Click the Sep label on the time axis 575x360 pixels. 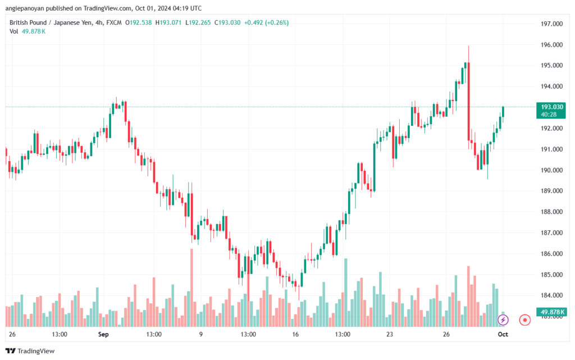tap(103, 334)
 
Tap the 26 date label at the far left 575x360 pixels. tap(12, 334)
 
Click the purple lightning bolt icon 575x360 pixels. tap(503, 320)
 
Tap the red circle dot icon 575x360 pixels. tap(525, 320)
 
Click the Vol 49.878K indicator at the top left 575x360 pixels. tap(28, 31)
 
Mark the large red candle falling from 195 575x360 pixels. tap(468, 102)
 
